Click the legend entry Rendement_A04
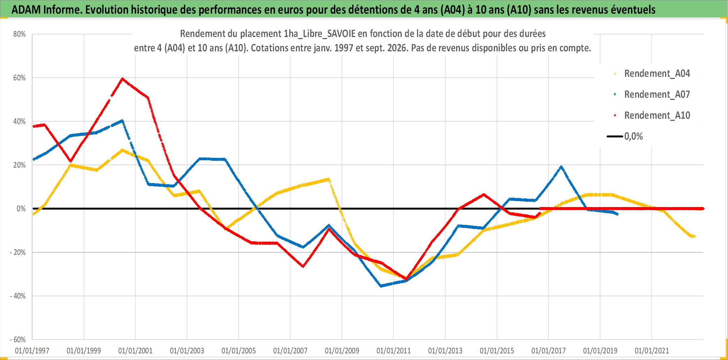click(652, 73)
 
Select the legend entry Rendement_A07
click(652, 94)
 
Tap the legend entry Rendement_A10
click(652, 115)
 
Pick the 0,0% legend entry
click(625, 136)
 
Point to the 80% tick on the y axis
click(20, 34)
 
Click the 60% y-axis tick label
click(20, 78)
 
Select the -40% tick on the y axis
click(18, 296)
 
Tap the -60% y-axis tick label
click(18, 340)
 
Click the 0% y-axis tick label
click(21, 209)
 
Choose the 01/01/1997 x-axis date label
click(32, 351)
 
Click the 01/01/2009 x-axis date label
click(342, 351)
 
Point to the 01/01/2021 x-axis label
click(652, 351)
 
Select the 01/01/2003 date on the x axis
click(187, 351)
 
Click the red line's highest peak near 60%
click(122, 79)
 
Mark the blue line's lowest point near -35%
click(381, 286)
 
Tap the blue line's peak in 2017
click(561, 167)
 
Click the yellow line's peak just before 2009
click(328, 179)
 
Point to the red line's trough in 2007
click(303, 266)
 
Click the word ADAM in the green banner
click(27, 10)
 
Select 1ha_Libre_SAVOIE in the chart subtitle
click(319, 34)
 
